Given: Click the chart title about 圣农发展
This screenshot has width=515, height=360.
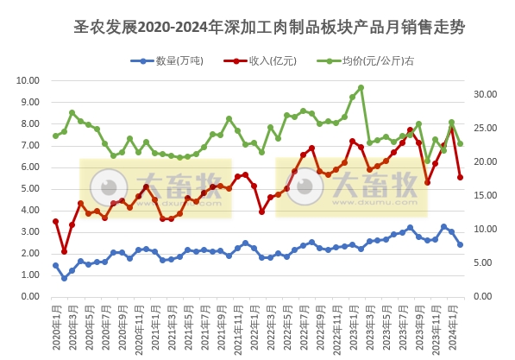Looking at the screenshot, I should pyautogui.click(x=269, y=27).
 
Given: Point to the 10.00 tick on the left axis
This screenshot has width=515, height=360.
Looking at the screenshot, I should pyautogui.click(x=28, y=81).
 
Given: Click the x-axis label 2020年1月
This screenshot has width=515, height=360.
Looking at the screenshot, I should pyautogui.click(x=55, y=328).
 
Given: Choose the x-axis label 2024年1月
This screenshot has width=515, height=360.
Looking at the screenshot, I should pyautogui.click(x=451, y=328).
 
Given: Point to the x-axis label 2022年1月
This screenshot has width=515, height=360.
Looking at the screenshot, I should pyautogui.click(x=254, y=328).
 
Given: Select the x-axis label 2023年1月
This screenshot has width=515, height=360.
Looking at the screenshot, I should pyautogui.click(x=352, y=328).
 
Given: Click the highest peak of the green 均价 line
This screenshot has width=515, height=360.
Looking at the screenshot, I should pyautogui.click(x=361, y=87).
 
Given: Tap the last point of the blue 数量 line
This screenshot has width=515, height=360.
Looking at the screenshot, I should pyautogui.click(x=460, y=244).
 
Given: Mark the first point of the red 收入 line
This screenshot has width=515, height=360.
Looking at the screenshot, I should pyautogui.click(x=55, y=221).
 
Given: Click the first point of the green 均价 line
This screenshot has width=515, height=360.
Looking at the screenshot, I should pyautogui.click(x=55, y=136).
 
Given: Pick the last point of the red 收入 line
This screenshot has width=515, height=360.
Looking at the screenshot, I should pyautogui.click(x=460, y=177).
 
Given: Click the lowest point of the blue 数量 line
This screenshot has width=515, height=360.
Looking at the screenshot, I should pyautogui.click(x=64, y=278).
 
